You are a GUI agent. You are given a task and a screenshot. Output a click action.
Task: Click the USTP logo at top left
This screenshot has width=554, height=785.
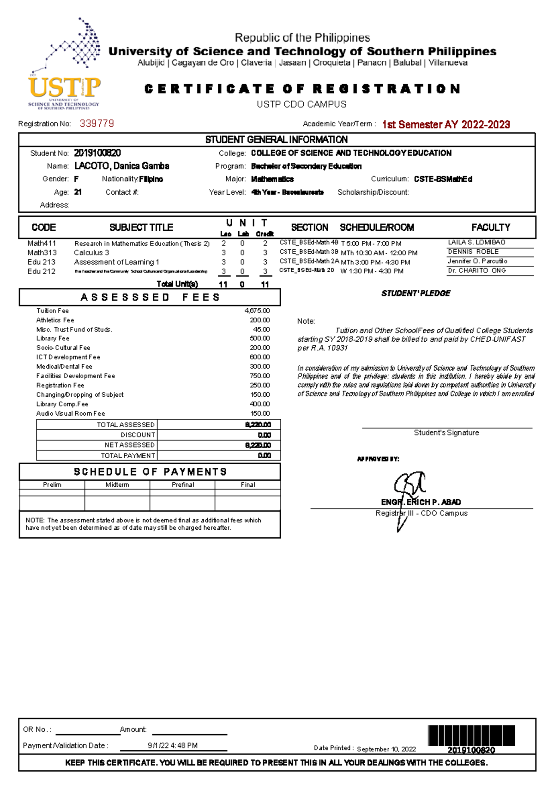[65, 65]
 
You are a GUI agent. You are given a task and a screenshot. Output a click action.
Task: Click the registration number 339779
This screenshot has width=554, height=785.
[96, 123]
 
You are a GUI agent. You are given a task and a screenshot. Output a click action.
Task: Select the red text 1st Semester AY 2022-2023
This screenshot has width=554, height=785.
[446, 124]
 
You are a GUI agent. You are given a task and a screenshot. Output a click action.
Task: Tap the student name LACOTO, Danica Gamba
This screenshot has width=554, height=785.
[121, 166]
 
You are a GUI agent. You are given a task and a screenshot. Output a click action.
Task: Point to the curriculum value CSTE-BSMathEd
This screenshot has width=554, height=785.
[443, 179]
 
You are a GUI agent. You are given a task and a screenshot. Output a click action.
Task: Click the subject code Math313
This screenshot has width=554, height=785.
[42, 252]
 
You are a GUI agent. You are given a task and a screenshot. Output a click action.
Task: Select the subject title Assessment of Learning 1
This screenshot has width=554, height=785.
[116, 262]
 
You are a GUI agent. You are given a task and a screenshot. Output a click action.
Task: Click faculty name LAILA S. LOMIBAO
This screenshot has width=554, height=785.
[476, 242]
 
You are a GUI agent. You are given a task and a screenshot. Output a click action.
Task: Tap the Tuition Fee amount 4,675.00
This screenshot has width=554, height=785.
[257, 311]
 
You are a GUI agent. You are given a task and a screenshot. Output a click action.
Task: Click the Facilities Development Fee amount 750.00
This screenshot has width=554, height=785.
[259, 376]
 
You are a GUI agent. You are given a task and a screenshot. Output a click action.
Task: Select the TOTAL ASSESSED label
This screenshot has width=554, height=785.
[126, 424]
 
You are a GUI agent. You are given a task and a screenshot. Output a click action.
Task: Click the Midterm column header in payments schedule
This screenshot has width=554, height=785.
[117, 484]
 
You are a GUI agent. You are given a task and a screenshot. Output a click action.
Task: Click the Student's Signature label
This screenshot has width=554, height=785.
[446, 433]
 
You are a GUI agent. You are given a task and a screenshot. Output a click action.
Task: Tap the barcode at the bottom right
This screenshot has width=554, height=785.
[471, 735]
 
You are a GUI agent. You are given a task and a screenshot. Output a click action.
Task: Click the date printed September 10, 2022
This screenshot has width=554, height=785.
[386, 749]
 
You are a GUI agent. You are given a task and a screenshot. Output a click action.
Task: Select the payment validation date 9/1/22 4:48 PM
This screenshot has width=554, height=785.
[173, 745]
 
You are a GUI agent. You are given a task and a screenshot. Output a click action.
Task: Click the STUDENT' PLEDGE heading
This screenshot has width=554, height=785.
[415, 293]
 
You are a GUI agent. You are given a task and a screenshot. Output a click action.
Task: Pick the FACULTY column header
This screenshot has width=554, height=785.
[490, 227]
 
